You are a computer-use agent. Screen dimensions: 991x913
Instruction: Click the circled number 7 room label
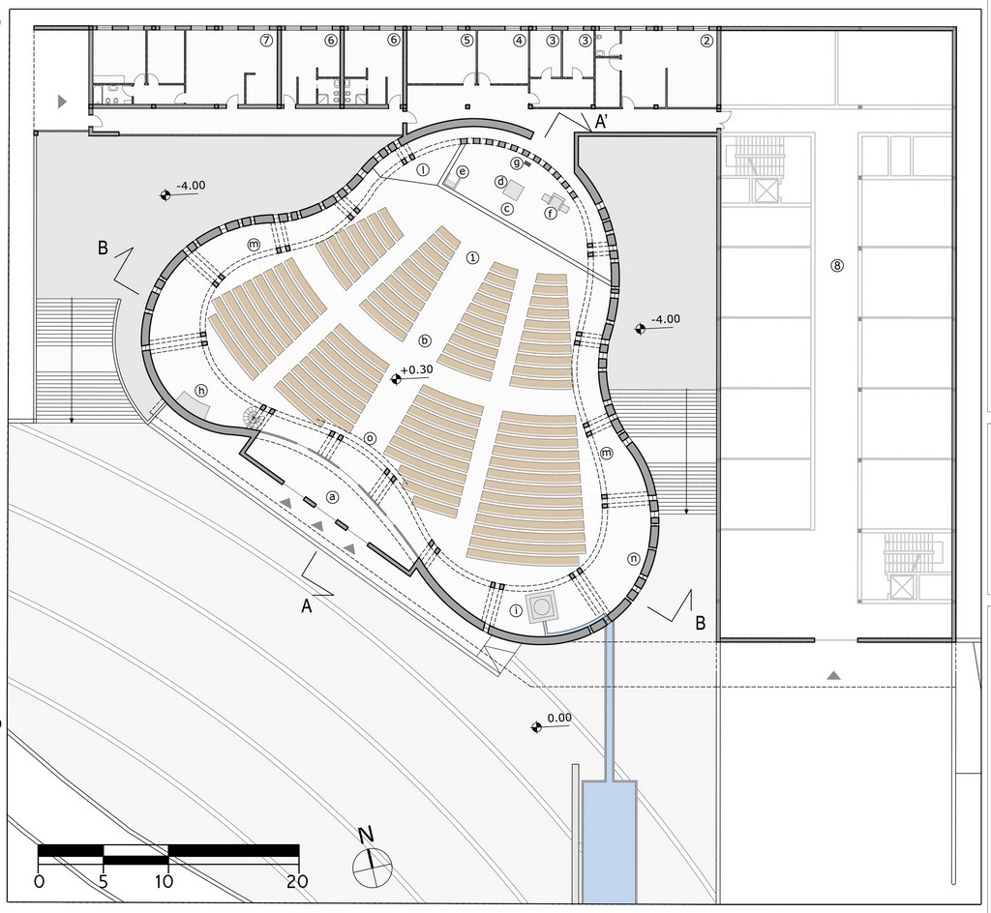[x=266, y=41]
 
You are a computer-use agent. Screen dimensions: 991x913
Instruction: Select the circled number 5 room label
[x=466, y=41]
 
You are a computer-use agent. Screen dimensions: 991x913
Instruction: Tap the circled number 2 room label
[x=706, y=41]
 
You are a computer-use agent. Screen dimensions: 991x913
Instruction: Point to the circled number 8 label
[x=837, y=265]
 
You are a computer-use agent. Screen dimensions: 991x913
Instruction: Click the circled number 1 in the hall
[x=472, y=257]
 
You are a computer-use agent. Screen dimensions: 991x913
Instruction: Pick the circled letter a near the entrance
[x=333, y=497]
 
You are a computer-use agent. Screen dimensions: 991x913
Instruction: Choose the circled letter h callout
[x=201, y=391]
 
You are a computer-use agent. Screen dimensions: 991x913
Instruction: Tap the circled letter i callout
[x=517, y=610]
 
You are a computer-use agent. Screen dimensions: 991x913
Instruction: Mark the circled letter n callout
[x=633, y=559]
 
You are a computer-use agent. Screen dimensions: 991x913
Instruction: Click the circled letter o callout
[x=370, y=438]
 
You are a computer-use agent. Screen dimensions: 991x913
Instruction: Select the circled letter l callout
[x=422, y=169]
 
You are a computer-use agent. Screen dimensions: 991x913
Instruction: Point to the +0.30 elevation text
[x=417, y=370]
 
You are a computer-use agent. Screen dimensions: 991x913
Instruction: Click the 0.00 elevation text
[x=559, y=718]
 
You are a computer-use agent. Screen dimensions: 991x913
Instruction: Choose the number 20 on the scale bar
[x=297, y=881]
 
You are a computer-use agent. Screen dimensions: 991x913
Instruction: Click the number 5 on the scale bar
[x=104, y=881]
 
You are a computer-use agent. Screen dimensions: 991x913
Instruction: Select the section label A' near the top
[x=602, y=122]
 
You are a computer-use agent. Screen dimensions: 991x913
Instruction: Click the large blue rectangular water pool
[x=609, y=843]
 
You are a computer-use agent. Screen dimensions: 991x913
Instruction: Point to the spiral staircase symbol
[x=255, y=418]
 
